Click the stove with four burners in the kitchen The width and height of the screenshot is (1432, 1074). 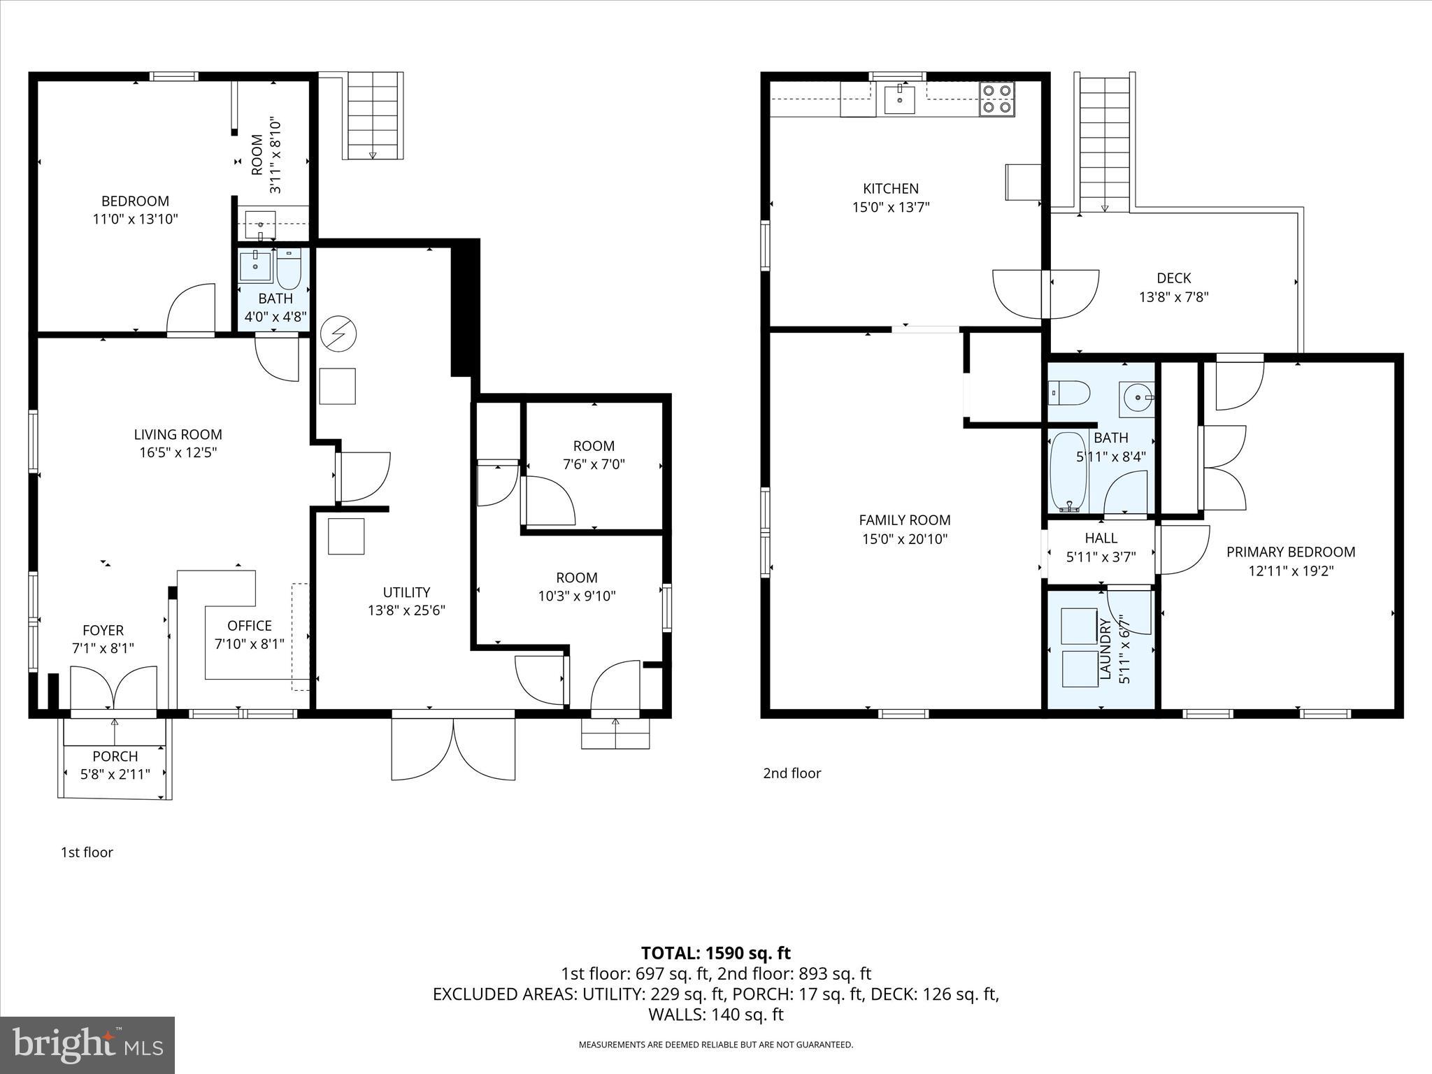click(996, 99)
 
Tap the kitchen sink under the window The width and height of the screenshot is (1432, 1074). click(899, 99)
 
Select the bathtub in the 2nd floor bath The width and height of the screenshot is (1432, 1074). click(1068, 472)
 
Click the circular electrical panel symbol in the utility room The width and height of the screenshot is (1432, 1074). click(338, 335)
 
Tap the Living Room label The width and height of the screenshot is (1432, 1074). click(178, 434)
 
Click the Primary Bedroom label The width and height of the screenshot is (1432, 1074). click(1290, 552)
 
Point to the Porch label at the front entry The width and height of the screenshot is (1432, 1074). click(115, 756)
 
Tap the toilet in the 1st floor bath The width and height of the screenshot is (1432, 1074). click(288, 269)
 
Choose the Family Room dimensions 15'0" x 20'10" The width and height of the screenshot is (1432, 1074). click(905, 538)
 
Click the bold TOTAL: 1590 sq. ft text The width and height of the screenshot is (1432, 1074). click(715, 952)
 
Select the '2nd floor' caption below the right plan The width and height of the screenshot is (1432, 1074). click(792, 773)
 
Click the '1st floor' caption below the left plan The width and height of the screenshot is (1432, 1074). click(87, 852)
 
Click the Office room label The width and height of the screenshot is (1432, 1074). click(249, 626)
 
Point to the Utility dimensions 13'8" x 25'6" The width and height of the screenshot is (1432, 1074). click(406, 610)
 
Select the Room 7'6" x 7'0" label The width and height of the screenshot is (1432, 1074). click(594, 445)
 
